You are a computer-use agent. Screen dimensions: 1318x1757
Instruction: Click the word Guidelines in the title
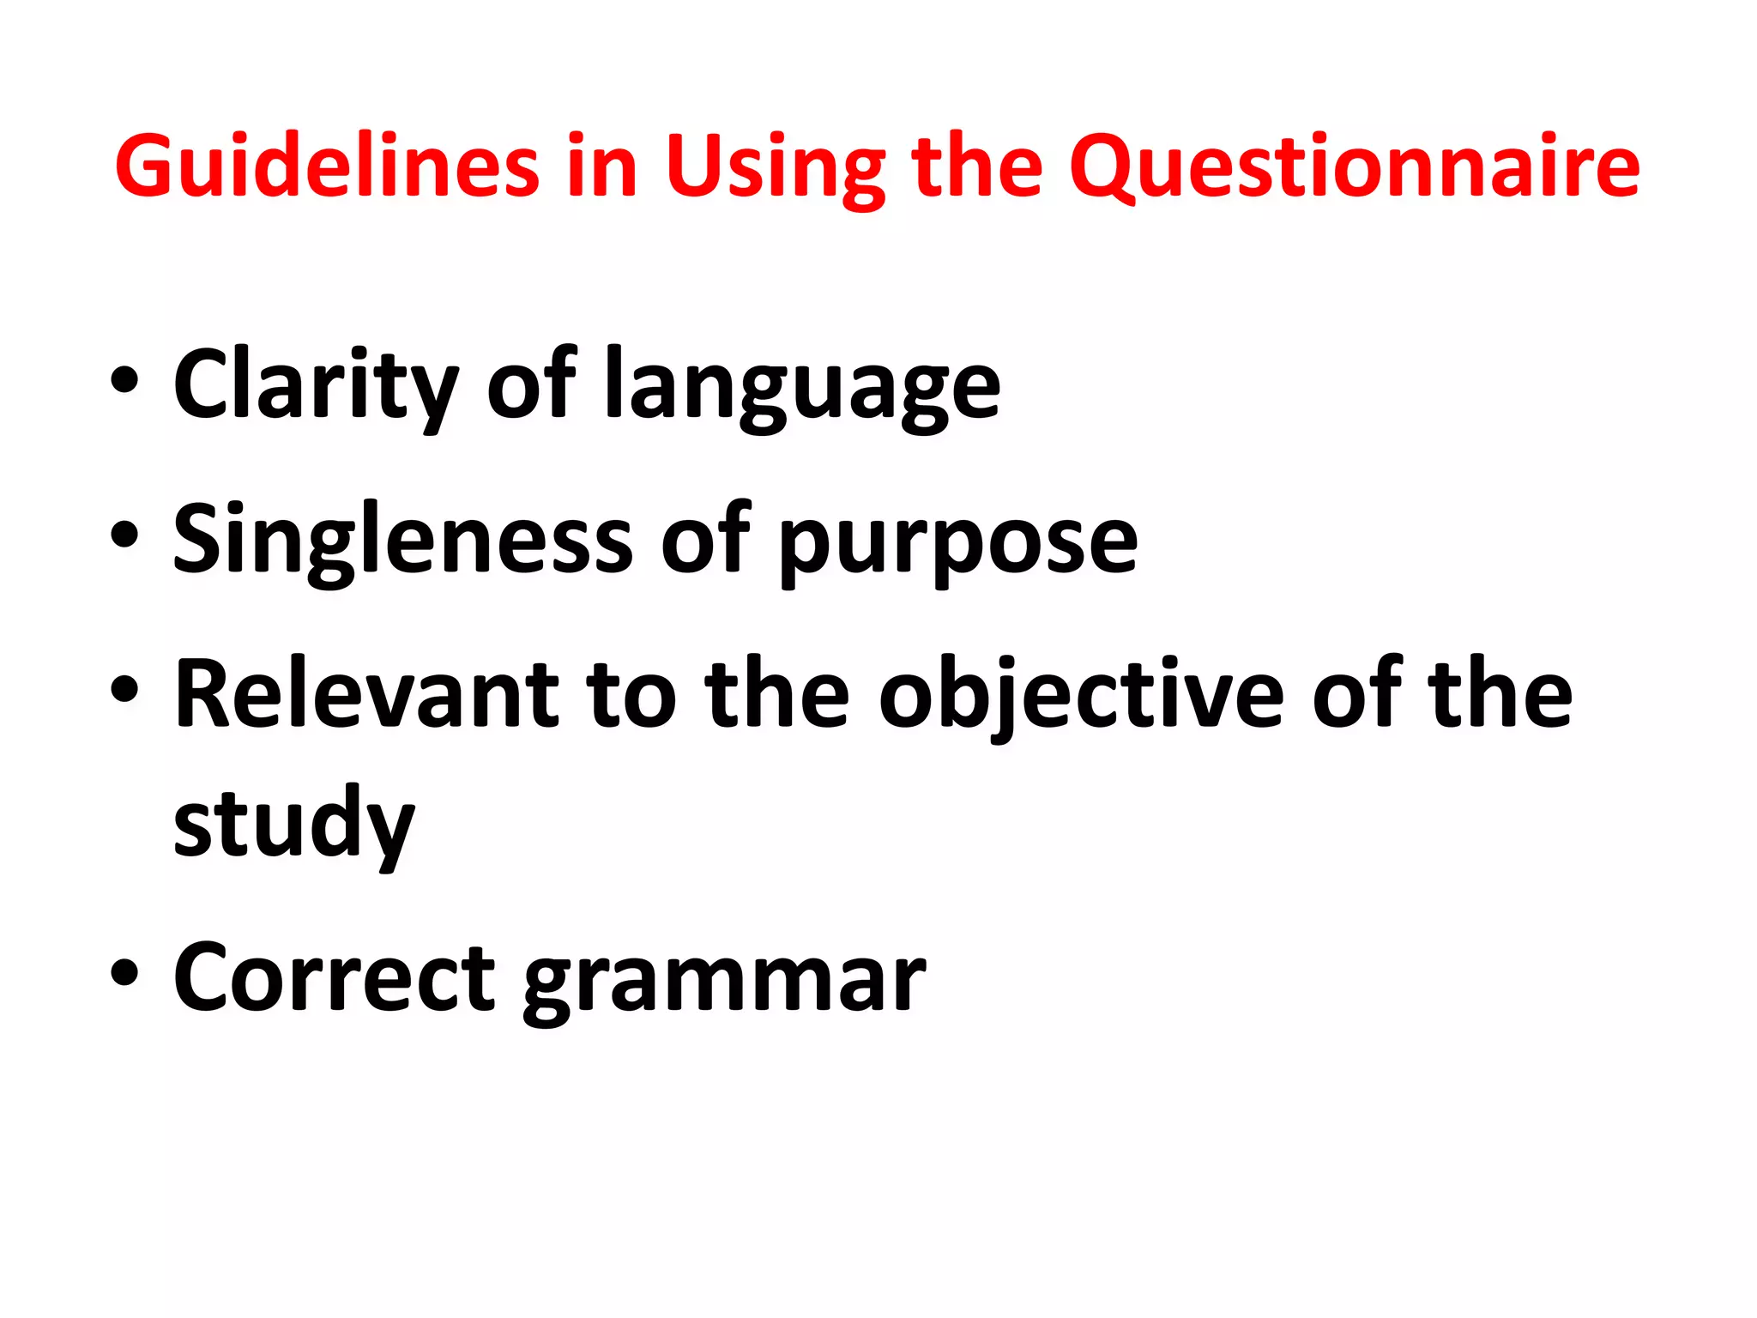tap(327, 166)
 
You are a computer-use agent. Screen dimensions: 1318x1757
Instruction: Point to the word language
tap(802, 389)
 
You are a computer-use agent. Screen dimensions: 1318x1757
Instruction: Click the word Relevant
tap(367, 694)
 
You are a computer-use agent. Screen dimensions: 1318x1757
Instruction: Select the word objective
tap(1081, 697)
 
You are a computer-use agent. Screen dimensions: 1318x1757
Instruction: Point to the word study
tap(294, 825)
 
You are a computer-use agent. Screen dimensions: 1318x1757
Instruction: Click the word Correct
tap(335, 978)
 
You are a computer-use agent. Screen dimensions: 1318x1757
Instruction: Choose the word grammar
tap(725, 982)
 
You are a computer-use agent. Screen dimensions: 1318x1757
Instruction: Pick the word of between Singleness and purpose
tap(705, 540)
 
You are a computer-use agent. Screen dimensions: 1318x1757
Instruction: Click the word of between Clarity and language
tap(532, 384)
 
